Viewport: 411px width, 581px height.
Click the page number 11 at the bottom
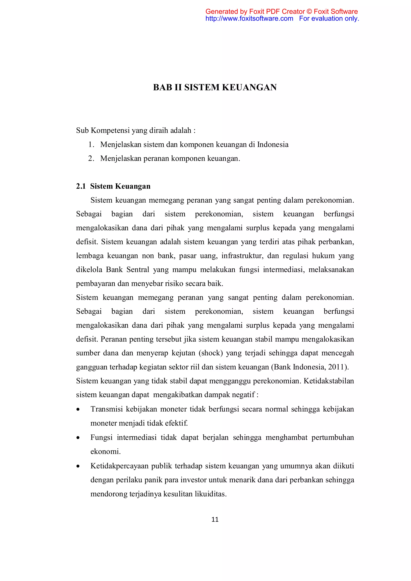[x=215, y=519]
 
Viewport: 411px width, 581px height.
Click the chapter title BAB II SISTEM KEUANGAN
[x=215, y=87]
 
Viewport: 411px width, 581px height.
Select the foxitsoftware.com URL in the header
[x=249, y=18]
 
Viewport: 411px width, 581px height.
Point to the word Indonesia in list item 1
[x=273, y=144]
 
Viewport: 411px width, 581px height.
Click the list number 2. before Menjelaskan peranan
[x=91, y=158]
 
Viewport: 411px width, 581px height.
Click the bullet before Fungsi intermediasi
[x=78, y=438]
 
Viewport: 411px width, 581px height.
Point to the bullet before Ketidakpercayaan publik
[x=78, y=466]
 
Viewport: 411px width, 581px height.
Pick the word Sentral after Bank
[x=138, y=270]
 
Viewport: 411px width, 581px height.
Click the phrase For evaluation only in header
[x=329, y=18]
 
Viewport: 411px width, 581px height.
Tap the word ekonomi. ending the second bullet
[x=106, y=452]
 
